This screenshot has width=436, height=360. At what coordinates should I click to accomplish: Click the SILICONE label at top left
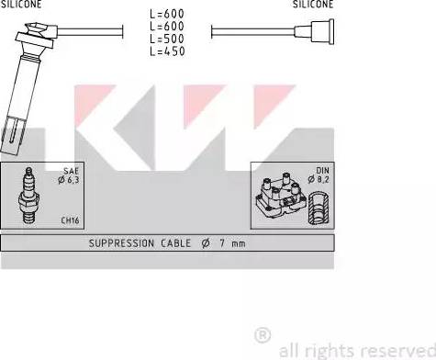pos(20,5)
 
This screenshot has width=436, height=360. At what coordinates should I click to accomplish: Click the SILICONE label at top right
pos(313,5)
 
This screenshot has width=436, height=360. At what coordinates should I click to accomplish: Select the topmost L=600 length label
pos(166,14)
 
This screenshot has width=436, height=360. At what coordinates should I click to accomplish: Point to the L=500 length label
pos(166,39)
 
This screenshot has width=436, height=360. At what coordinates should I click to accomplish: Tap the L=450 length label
pos(166,51)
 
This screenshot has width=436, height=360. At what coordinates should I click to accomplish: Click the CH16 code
pos(70,220)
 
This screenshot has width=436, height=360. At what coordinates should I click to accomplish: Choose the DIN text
pos(322,172)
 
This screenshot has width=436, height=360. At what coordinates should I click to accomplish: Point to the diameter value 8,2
pos(322,182)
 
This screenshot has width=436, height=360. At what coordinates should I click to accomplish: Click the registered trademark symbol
pos(262,335)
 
